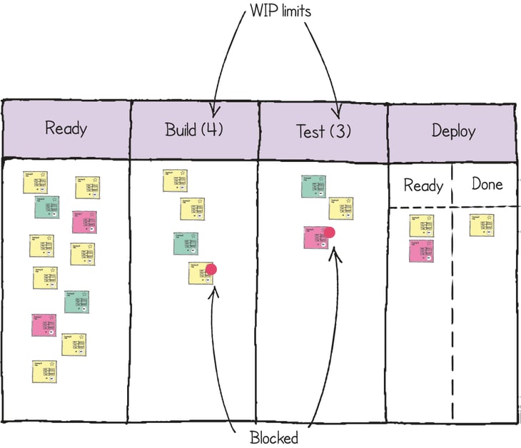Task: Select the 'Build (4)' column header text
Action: coord(194,130)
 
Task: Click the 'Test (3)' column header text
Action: coord(323,131)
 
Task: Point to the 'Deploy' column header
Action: coord(453,131)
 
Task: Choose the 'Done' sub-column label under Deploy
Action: coord(487,184)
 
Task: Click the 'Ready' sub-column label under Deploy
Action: coord(423,185)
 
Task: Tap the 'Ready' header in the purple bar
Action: coord(66,128)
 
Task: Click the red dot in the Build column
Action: coord(211,269)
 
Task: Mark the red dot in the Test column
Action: coord(329,233)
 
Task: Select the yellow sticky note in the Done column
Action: coord(482,225)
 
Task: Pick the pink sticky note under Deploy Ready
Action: coord(421,251)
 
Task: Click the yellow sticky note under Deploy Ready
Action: coord(421,225)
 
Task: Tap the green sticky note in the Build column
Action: coord(186,244)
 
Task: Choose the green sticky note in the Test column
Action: coord(313,187)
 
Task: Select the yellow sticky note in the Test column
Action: coord(341,208)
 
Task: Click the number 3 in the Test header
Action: coord(340,131)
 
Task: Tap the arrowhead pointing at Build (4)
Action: coord(213,111)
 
